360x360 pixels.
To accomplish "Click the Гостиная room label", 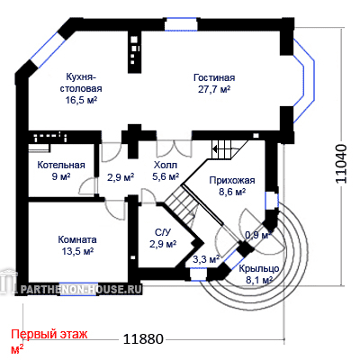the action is [x=214, y=77].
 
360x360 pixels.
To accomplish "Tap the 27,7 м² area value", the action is [x=214, y=89].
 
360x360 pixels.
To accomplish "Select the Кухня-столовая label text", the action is [x=81, y=83].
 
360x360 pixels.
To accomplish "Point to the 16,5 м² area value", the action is [x=81, y=100].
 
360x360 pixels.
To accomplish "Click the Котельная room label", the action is [x=61, y=165].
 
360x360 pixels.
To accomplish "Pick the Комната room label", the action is [x=77, y=239].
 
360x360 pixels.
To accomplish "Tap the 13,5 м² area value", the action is [x=77, y=251].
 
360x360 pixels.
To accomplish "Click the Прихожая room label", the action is [x=232, y=180].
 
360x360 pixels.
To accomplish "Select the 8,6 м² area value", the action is [x=232, y=192].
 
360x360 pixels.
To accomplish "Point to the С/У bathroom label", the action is [x=163, y=232].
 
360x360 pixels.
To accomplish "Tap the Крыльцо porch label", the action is [x=259, y=268].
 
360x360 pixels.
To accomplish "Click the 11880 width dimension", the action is [x=144, y=339].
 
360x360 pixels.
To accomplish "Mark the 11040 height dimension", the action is [x=341, y=164].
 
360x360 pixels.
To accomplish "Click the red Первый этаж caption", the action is [x=49, y=334].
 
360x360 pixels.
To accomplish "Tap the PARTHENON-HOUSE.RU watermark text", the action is [x=81, y=289].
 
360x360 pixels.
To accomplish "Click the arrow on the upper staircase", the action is [x=218, y=148].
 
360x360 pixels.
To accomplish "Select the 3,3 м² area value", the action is [x=206, y=259].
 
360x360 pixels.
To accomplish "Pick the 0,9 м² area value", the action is [x=258, y=235].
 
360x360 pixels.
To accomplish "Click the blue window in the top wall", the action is [x=181, y=24].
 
